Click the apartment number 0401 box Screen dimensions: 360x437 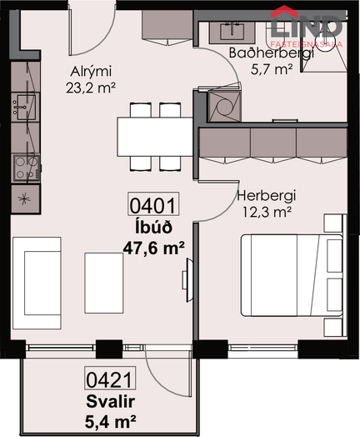pos(153,203)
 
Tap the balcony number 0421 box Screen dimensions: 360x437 pos(110,378)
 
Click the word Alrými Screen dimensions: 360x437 pos(91,72)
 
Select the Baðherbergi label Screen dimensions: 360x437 pos(272,53)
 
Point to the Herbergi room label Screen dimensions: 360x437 pos(266,196)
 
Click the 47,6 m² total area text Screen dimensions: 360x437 pos(154,248)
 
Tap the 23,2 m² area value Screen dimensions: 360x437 pos(91,88)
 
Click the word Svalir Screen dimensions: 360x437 pos(111,402)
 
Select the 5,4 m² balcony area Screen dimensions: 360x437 pos(111,422)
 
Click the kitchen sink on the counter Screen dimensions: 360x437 pos(26,108)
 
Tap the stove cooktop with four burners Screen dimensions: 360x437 pos(26,168)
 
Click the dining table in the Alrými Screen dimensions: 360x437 pos(155,137)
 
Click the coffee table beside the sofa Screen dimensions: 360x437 pos(104,284)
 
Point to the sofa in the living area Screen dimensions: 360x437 pos(37,283)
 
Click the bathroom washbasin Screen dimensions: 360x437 pos(232,32)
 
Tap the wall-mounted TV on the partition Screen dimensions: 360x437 pos(187,280)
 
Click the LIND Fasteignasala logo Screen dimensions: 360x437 pos(307,27)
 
